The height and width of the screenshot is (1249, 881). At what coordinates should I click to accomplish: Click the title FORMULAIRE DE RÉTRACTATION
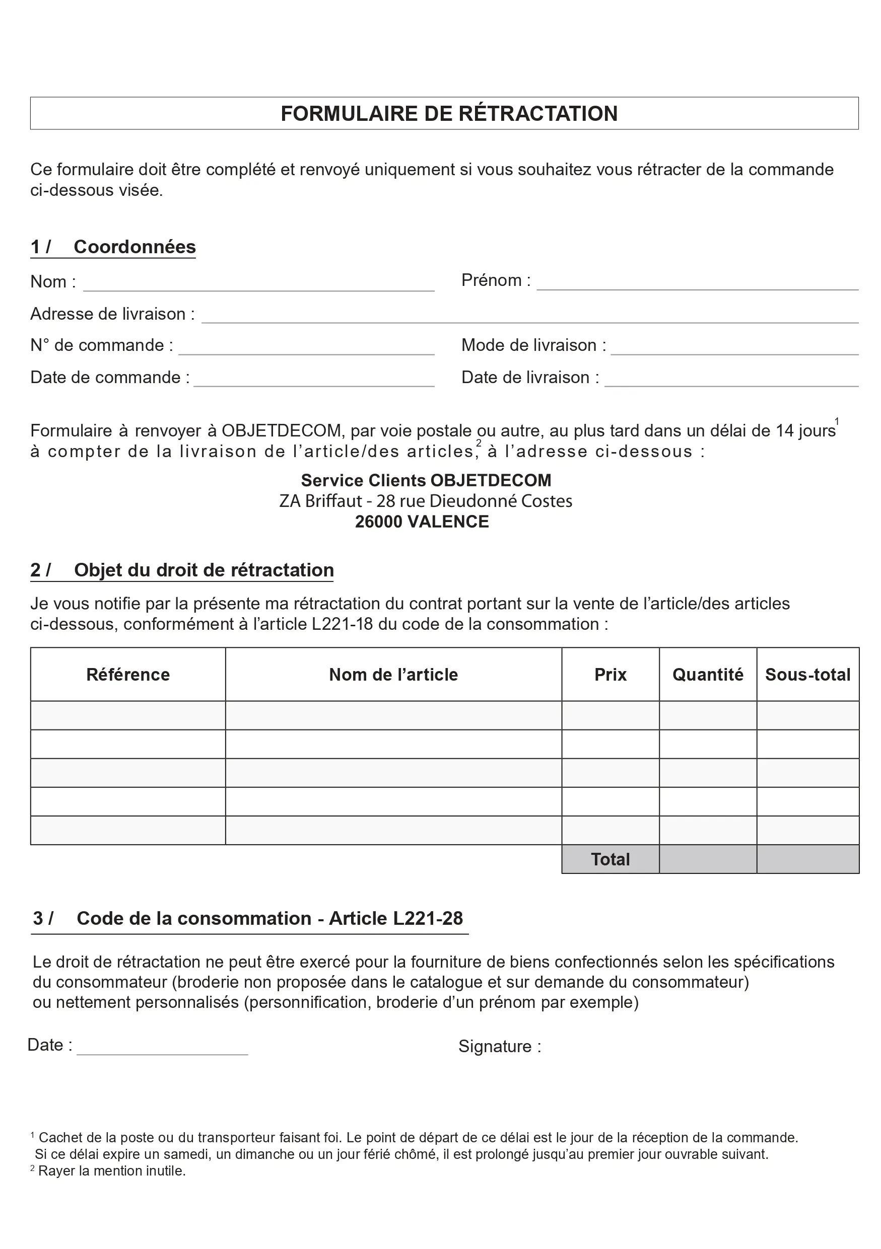click(x=449, y=114)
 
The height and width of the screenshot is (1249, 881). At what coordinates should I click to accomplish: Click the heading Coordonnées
click(x=134, y=247)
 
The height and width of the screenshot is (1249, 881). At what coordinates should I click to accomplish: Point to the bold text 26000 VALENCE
click(x=422, y=522)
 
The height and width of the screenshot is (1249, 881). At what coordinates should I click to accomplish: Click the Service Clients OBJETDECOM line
click(x=426, y=480)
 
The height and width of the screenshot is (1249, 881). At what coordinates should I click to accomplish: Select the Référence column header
click(x=128, y=675)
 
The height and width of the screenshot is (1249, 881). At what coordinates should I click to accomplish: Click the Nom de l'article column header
click(x=393, y=675)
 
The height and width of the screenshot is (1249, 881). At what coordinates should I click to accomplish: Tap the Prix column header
click(x=610, y=675)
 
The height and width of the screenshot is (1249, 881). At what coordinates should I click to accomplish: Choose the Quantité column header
click(x=707, y=675)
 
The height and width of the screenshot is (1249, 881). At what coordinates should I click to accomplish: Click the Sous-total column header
click(x=807, y=675)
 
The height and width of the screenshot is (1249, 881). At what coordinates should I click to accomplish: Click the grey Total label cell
click(x=610, y=859)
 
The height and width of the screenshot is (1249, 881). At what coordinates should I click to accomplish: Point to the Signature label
click(x=500, y=1046)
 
